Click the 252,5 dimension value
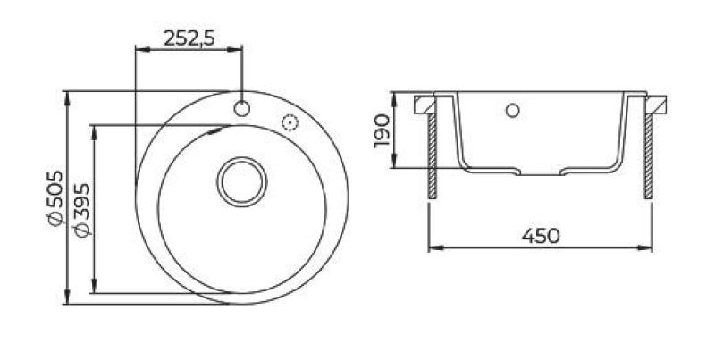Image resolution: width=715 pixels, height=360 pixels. click(189, 38)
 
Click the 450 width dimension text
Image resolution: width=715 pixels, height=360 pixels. click(541, 236)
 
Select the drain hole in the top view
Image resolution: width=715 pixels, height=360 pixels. click(241, 182)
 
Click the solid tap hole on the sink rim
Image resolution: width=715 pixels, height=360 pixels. click(242, 109)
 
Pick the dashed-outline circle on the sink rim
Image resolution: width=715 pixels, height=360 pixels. click(290, 123)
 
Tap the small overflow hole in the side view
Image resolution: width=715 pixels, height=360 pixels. click(512, 111)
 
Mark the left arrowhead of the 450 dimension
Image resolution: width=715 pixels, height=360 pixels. click(433, 247)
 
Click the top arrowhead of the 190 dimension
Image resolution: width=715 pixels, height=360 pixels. click(396, 96)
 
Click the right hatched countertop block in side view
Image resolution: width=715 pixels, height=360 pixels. click(660, 105)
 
